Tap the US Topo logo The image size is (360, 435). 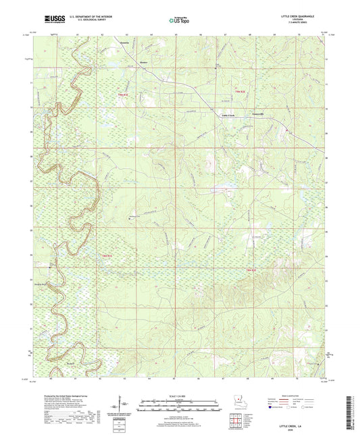coord(178,20)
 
